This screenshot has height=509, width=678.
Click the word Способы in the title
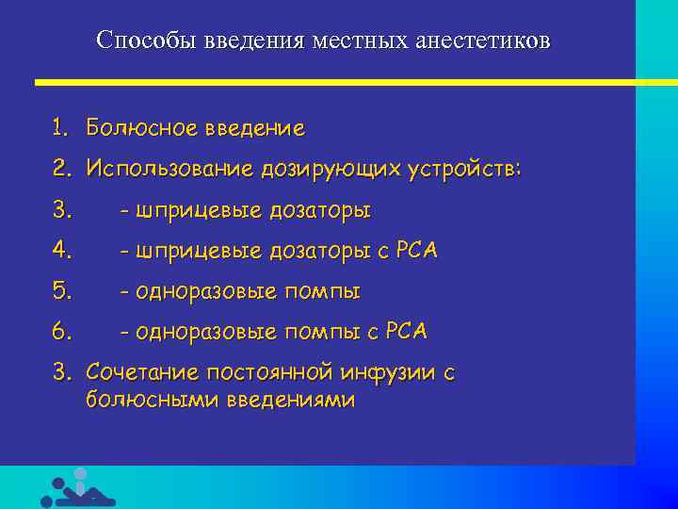137,41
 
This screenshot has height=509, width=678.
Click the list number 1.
60,127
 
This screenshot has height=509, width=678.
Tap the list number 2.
60,169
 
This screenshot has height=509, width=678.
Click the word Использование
168,169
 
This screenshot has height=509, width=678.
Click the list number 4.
60,251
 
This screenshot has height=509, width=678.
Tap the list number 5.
60,291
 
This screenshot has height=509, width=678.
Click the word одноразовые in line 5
204,291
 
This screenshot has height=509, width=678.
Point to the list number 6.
60,332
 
